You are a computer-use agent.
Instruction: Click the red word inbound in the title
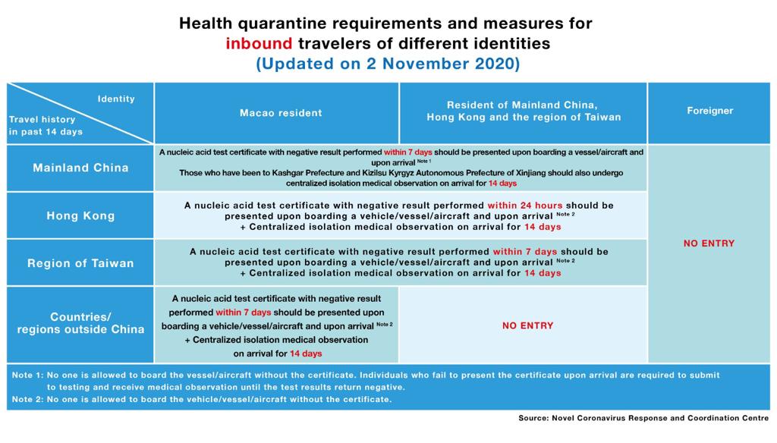[259, 43]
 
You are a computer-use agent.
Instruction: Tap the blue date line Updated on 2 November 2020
[388, 64]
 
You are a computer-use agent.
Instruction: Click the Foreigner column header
[709, 111]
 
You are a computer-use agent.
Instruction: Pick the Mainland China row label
[80, 168]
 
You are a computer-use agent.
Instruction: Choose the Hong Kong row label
[80, 215]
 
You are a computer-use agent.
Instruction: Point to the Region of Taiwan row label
[80, 263]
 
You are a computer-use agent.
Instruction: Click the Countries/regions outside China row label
[80, 323]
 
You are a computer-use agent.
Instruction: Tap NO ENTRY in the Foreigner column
[709, 243]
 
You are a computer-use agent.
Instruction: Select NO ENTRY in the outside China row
[527, 325]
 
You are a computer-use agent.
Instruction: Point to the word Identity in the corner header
[116, 99]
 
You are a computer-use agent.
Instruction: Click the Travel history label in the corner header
[42, 119]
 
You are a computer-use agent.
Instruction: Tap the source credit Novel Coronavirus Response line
[643, 418]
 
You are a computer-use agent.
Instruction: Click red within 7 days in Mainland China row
[407, 152]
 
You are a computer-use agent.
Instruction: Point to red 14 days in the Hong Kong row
[543, 227]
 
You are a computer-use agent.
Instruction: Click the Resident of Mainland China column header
[523, 111]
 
